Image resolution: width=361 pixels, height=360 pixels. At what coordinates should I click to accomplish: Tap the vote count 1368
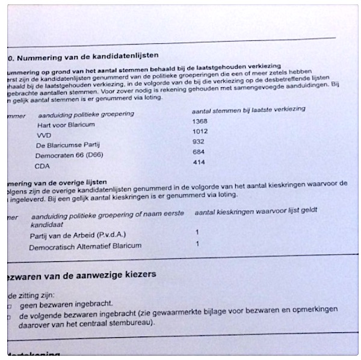(200, 121)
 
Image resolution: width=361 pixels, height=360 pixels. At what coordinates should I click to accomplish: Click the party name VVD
(45, 136)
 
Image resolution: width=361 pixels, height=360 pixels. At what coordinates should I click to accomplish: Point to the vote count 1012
(200, 131)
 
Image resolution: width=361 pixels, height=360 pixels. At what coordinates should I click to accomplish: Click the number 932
(198, 141)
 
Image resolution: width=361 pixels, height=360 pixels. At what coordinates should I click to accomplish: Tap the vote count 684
(198, 152)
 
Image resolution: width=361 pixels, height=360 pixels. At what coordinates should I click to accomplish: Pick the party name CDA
(42, 166)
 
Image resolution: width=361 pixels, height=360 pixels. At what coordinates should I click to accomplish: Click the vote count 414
(198, 162)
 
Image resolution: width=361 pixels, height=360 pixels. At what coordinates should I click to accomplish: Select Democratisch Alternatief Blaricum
(85, 246)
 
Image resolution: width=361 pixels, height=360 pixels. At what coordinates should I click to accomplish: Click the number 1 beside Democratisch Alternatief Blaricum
(197, 243)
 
